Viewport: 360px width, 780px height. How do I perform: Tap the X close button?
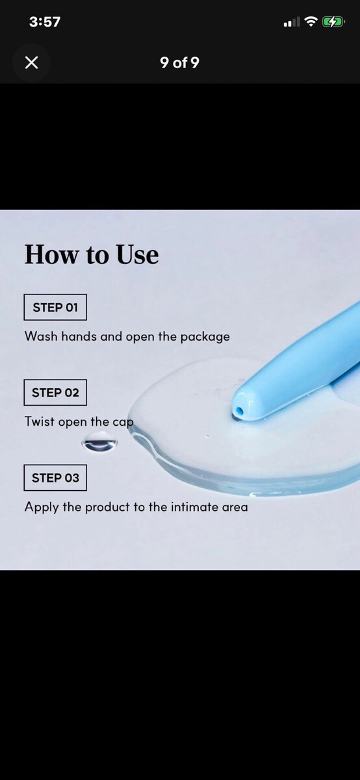tap(32, 63)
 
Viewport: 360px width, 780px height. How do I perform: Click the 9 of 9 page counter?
tap(179, 62)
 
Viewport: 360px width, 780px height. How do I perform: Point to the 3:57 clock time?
tap(45, 22)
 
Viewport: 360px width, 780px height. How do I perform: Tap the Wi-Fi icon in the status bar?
tap(311, 21)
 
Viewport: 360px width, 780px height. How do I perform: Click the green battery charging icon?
tap(333, 22)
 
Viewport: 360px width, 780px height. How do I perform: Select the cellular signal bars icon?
tap(292, 22)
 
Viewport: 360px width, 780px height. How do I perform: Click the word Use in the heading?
tap(137, 254)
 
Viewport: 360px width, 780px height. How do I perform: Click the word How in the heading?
tap(51, 254)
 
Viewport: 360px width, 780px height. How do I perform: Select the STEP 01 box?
tap(55, 307)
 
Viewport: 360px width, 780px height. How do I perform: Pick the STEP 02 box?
tap(55, 393)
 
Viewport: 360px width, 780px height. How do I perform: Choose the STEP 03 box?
tap(55, 478)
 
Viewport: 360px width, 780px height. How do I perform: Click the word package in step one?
tap(205, 337)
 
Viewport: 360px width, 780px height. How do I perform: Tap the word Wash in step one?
tap(41, 336)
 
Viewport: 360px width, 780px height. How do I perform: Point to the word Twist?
tap(40, 421)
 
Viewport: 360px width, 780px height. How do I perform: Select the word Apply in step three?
tap(41, 508)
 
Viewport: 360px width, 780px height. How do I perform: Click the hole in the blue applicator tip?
tap(239, 411)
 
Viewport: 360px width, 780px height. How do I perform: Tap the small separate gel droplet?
tap(99, 441)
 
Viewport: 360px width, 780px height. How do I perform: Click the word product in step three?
tap(107, 508)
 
